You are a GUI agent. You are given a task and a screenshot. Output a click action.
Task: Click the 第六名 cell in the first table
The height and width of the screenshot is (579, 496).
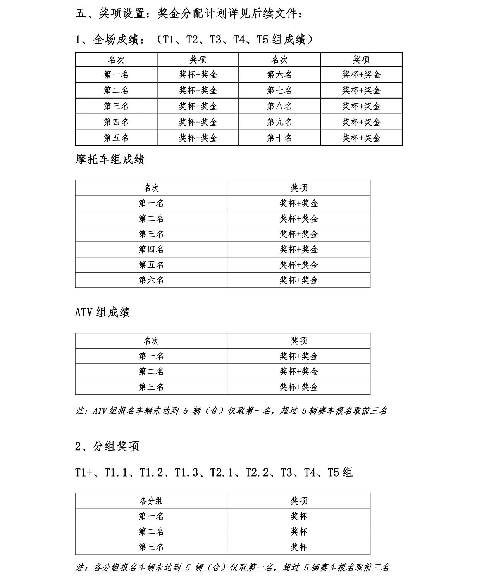point(279,74)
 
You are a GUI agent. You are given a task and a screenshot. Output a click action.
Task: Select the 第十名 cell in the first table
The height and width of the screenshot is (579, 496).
point(279,138)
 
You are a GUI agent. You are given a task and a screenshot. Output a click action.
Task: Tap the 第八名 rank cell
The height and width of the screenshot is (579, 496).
point(279,106)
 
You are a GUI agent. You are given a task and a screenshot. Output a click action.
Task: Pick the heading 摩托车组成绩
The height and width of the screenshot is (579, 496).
point(110,160)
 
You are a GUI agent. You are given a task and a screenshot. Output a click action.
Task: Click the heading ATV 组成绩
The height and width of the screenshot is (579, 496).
point(102,313)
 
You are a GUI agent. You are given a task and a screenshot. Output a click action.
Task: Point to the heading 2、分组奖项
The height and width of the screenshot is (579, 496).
point(107,446)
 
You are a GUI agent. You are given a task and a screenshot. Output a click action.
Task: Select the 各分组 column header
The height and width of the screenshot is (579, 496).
point(151,501)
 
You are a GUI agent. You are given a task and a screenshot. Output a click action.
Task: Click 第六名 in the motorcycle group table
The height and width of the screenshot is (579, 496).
point(151,280)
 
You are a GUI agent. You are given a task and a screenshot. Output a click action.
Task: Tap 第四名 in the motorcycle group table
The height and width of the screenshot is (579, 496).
point(151,249)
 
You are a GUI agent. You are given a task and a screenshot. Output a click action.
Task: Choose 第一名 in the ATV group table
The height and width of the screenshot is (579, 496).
point(151,356)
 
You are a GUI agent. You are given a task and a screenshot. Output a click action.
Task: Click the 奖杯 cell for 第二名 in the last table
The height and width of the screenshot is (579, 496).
point(299,532)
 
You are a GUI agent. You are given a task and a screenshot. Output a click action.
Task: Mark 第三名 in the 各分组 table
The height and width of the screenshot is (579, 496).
point(151,547)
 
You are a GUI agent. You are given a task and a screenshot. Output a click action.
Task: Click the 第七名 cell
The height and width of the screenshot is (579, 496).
point(279,90)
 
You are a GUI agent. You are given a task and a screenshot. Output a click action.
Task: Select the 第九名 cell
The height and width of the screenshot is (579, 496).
point(279,122)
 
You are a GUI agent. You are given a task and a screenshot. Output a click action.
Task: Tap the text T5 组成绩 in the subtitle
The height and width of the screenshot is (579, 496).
point(281,40)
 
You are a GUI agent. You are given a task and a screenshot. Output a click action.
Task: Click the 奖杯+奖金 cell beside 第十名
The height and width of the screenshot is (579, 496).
point(361,138)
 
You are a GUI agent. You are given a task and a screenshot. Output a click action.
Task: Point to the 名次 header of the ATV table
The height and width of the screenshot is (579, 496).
point(151,341)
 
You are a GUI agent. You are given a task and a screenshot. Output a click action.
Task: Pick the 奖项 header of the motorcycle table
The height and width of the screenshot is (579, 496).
point(299,188)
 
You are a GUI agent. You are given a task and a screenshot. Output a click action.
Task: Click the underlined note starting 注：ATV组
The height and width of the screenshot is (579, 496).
point(231,411)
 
